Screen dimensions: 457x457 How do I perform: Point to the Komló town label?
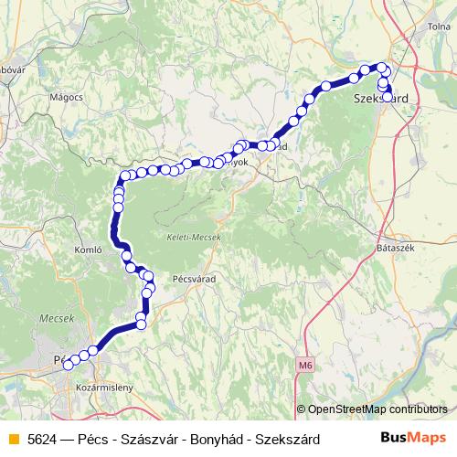coord(94,248)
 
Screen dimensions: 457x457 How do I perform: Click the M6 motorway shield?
coord(304,366)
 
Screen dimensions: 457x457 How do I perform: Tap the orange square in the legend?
coord(13,439)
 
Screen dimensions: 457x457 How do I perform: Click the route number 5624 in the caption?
coord(45,439)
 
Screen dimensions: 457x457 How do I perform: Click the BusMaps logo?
coord(416,438)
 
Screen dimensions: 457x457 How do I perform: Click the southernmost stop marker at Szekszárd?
coord(388,96)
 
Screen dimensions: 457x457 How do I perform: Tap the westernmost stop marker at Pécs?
coord(67,365)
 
